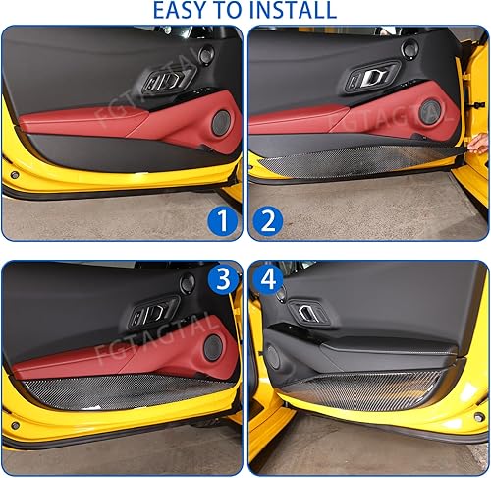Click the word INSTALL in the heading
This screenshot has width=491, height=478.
coord(290,11)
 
